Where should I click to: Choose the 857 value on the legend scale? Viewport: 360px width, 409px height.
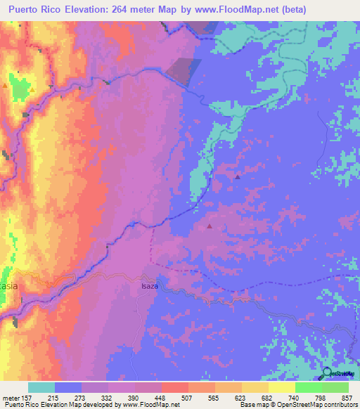pos(347,397)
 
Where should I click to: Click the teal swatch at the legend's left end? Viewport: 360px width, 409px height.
pos(41,387)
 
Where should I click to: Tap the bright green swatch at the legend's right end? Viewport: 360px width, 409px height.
pos(335,387)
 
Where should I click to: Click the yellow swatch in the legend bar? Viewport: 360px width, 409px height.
pos(282,387)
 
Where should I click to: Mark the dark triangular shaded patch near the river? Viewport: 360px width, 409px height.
pos(184,71)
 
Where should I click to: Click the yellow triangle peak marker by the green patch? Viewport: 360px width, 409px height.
pos(6,86)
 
